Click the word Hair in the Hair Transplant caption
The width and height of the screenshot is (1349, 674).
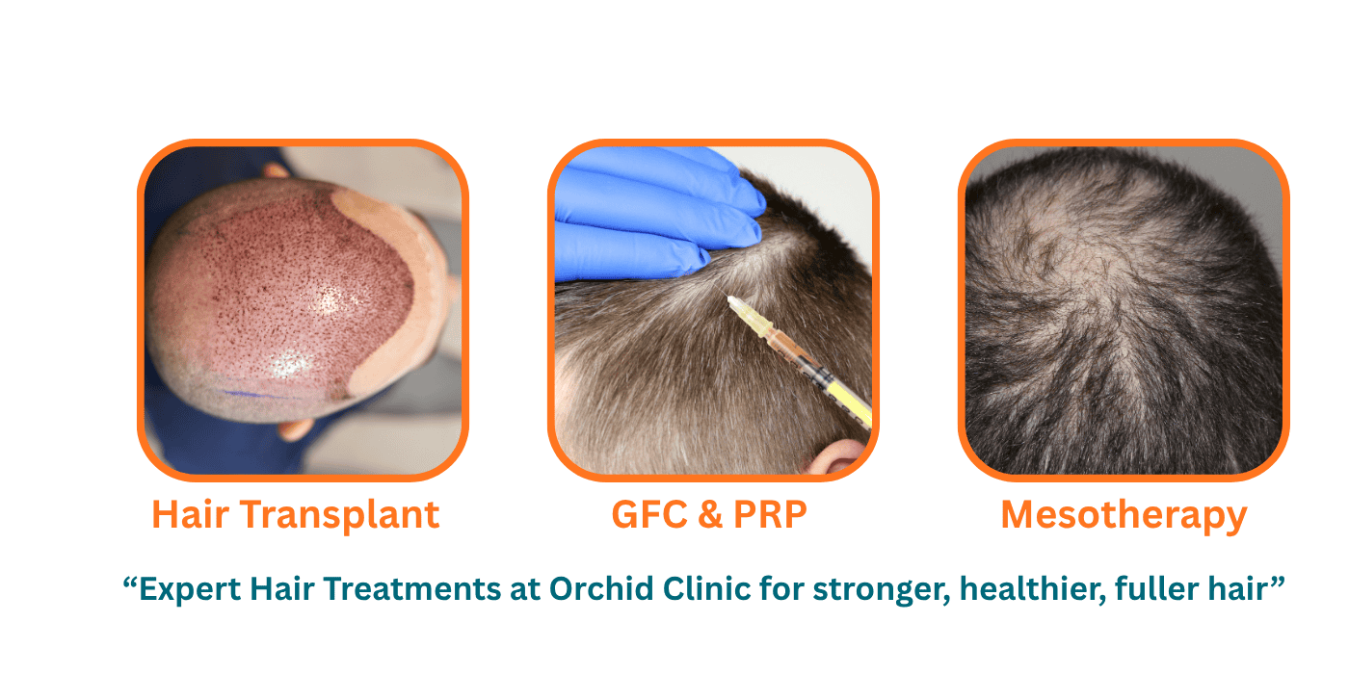click(x=191, y=515)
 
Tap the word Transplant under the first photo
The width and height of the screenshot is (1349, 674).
click(x=340, y=516)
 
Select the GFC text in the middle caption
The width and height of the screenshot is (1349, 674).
click(x=649, y=515)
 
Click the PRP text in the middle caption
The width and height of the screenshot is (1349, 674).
click(x=770, y=515)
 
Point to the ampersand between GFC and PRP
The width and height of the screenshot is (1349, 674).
click(x=711, y=515)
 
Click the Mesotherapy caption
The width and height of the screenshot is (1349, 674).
click(x=1124, y=516)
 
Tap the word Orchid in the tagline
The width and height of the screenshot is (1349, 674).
click(x=601, y=588)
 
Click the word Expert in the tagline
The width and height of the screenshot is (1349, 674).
click(x=190, y=589)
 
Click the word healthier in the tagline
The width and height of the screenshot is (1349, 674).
click(x=1032, y=589)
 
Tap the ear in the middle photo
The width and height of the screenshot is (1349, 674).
click(x=834, y=456)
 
